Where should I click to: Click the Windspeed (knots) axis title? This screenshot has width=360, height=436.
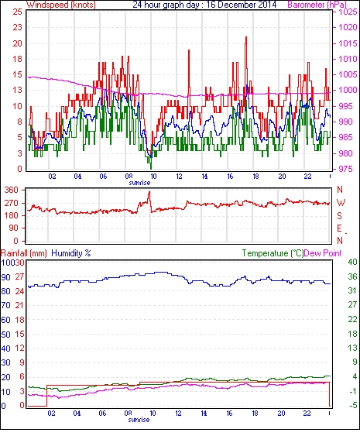pos(61,5)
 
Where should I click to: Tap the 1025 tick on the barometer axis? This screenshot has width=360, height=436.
pos(348,12)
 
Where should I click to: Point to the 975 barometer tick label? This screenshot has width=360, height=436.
pos(346,169)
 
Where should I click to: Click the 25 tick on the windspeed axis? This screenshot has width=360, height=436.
pos(17,12)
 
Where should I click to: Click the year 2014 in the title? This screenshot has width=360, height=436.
pos(268,5)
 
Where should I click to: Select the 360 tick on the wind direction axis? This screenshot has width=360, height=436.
pos(12,191)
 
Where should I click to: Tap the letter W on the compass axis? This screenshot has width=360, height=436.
pos(341,203)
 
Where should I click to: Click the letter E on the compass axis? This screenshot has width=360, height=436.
pos(339,228)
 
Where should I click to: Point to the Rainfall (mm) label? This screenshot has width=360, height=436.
pos(23,253)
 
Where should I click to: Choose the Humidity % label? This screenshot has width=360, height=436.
pos(71,253)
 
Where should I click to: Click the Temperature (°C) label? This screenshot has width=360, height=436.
pos(273,253)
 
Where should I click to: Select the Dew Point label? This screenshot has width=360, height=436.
pos(323,253)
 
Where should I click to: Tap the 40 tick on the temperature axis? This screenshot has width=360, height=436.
pos(352,262)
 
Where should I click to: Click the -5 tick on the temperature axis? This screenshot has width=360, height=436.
pos(353,406)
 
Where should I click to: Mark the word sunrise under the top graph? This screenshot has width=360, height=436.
pos(139,183)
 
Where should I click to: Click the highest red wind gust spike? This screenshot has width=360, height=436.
pos(246,37)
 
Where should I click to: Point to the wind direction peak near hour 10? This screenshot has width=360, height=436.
pos(149,192)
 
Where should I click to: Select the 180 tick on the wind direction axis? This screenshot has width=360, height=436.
pos(12,215)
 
